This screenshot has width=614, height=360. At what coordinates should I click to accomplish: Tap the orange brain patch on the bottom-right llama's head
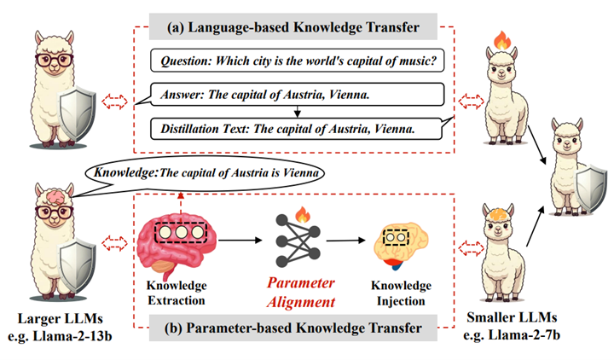pyautogui.click(x=497, y=211)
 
